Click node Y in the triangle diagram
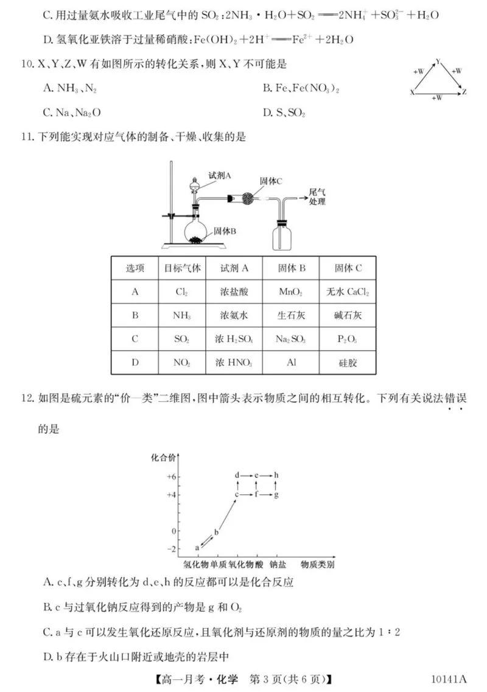click(x=438, y=62)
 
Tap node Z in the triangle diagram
click(x=464, y=92)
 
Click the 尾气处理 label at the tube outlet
click(x=318, y=196)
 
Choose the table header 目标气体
click(x=181, y=268)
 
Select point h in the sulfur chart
click(x=276, y=474)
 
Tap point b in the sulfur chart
click(x=216, y=533)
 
